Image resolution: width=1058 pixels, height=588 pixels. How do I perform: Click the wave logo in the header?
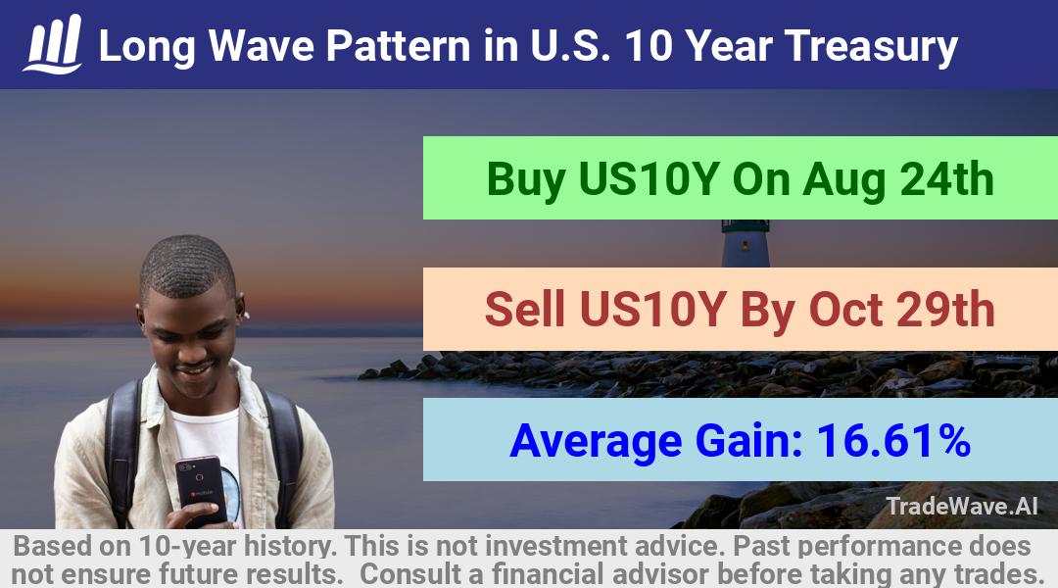pos(53,44)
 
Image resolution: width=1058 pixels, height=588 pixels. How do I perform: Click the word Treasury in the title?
pos(871,47)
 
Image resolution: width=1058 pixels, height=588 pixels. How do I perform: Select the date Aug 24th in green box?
pos(898,179)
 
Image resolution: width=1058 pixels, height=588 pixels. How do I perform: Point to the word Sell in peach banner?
pos(525,310)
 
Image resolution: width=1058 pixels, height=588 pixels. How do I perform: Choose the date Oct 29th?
pos(901,310)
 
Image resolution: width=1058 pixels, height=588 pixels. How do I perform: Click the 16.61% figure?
pos(893,440)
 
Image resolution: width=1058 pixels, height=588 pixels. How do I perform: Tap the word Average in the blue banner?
pos(597,442)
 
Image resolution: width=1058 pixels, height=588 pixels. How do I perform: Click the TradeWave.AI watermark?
pos(962,506)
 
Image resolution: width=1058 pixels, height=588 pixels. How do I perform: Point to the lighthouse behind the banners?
pos(745,243)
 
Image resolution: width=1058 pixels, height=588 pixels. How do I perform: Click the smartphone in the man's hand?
pos(201,489)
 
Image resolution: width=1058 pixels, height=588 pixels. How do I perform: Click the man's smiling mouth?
pos(195,370)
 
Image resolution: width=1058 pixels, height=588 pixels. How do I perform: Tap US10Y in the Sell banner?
pos(652,310)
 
